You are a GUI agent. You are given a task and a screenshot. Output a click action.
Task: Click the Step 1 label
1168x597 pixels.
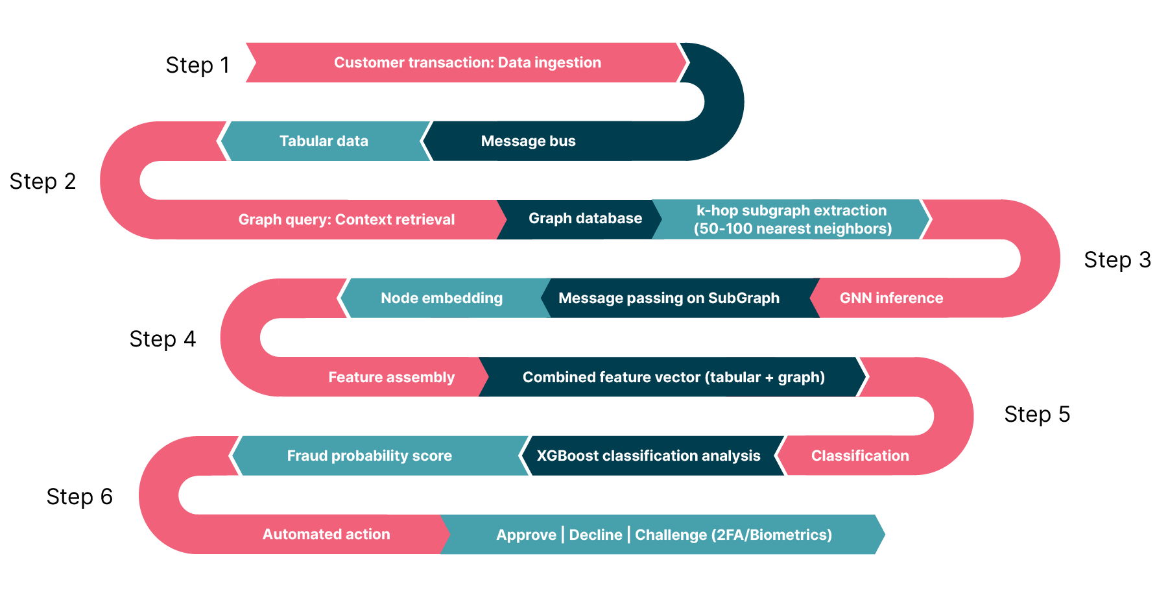pyautogui.click(x=198, y=65)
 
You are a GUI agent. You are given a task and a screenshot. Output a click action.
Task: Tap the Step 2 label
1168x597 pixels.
pyautogui.click(x=43, y=181)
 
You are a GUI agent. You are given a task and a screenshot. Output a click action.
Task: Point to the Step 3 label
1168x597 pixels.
pyautogui.click(x=1117, y=260)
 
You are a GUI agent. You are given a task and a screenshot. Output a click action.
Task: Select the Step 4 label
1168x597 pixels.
pyautogui.click(x=162, y=339)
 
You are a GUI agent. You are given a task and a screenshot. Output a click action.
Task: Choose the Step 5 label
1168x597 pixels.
pyautogui.click(x=1036, y=414)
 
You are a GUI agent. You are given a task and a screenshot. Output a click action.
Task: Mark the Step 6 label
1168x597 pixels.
pyautogui.click(x=79, y=496)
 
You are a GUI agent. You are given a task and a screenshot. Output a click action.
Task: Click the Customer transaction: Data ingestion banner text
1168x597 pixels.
pyautogui.click(x=467, y=62)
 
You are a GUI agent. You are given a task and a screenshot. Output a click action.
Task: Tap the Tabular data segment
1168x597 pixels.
pyautogui.click(x=324, y=141)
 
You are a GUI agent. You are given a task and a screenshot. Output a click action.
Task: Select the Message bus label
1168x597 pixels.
pyautogui.click(x=528, y=141)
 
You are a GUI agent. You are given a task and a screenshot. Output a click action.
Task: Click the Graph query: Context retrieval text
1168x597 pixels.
pyautogui.click(x=346, y=219)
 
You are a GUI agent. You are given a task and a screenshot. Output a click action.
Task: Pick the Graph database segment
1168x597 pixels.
pyautogui.click(x=585, y=219)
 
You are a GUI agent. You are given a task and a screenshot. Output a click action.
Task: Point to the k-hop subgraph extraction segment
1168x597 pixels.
pyautogui.click(x=792, y=219)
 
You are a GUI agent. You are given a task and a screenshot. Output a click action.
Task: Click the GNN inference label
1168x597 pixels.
pyautogui.click(x=891, y=298)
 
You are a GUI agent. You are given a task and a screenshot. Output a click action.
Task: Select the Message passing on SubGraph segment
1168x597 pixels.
pyautogui.click(x=669, y=298)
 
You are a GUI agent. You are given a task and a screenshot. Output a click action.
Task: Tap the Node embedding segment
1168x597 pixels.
pyautogui.click(x=441, y=298)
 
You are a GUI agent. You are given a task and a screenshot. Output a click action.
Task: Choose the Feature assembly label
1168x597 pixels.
pyautogui.click(x=391, y=377)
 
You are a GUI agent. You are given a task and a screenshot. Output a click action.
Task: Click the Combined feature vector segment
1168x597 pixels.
pyautogui.click(x=673, y=377)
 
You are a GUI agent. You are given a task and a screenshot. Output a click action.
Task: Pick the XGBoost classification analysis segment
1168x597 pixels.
pyautogui.click(x=648, y=456)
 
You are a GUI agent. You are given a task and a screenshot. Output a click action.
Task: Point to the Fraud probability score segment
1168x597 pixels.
pyautogui.click(x=369, y=456)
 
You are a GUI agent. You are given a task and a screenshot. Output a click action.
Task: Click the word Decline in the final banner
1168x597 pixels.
pyautogui.click(x=595, y=535)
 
